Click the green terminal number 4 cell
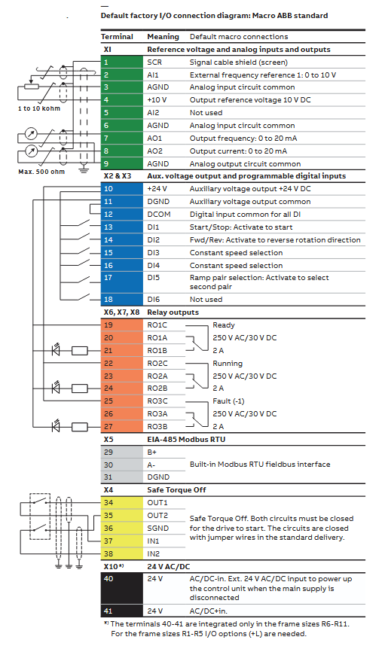point(121,100)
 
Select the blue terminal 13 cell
point(121,227)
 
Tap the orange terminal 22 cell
point(121,364)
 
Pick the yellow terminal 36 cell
point(121,529)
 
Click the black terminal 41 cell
point(121,611)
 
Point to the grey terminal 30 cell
point(121,465)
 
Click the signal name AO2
point(155,151)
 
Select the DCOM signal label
point(159,215)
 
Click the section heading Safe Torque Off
point(176,490)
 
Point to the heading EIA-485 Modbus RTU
point(186,439)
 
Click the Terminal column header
point(117,37)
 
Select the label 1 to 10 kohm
point(39,108)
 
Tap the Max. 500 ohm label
point(41,172)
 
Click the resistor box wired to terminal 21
point(80,351)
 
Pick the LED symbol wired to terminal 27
point(56,425)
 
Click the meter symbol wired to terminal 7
point(31,134)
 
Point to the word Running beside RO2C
point(228,364)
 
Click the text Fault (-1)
point(228,401)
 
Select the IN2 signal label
point(154,553)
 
